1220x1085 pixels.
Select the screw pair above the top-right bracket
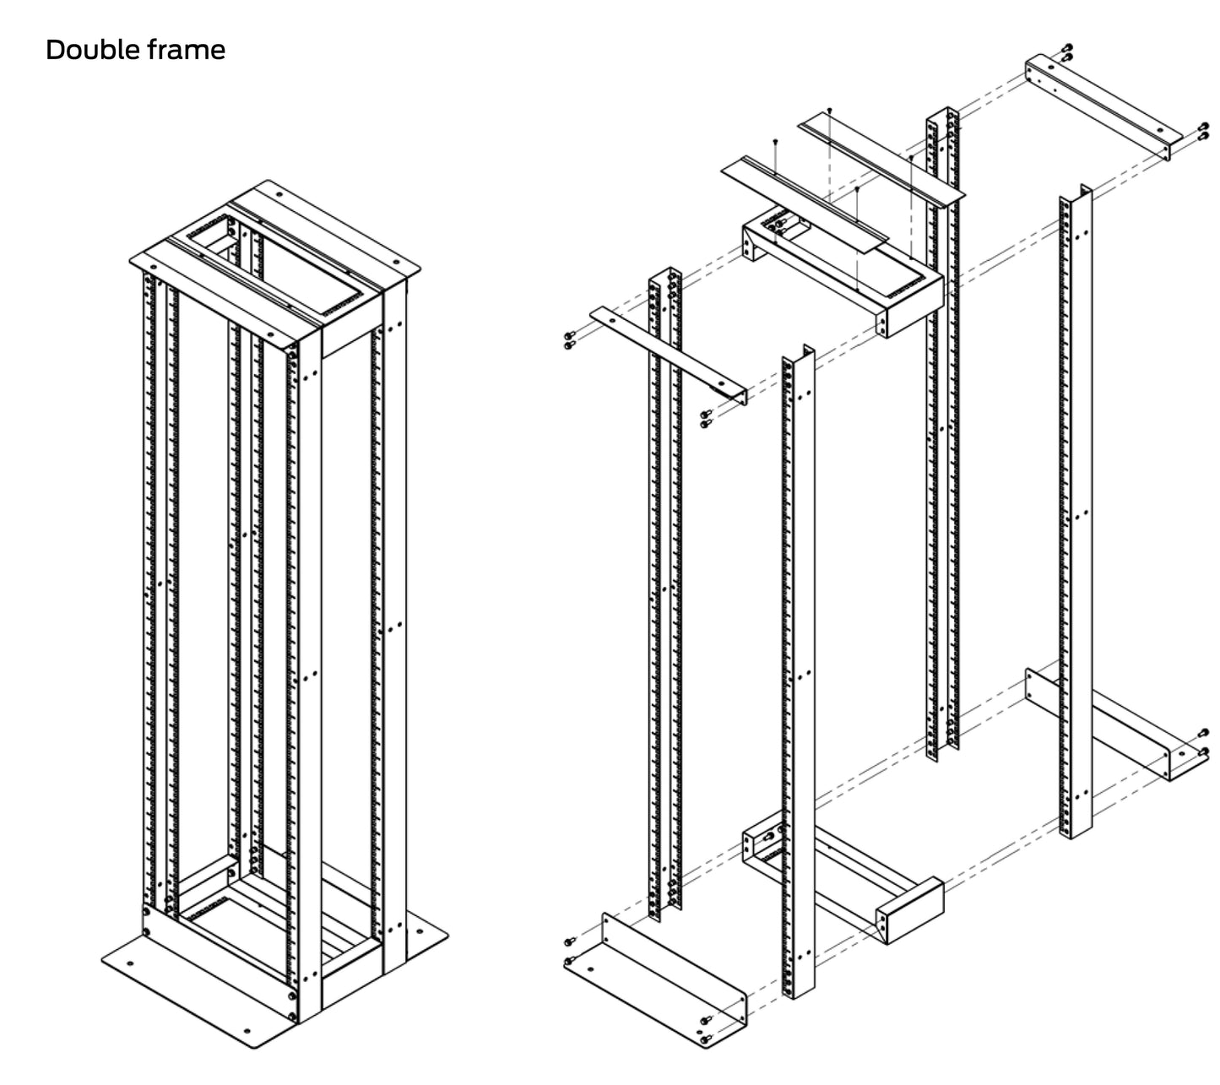pyautogui.click(x=1068, y=52)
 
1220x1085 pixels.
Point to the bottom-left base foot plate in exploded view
pyautogui.click(x=654, y=979)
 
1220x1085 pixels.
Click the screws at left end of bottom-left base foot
pyautogui.click(x=568, y=951)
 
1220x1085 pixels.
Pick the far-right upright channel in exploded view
pyautogui.click(x=1076, y=507)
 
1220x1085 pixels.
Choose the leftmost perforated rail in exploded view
pyautogui.click(x=664, y=591)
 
